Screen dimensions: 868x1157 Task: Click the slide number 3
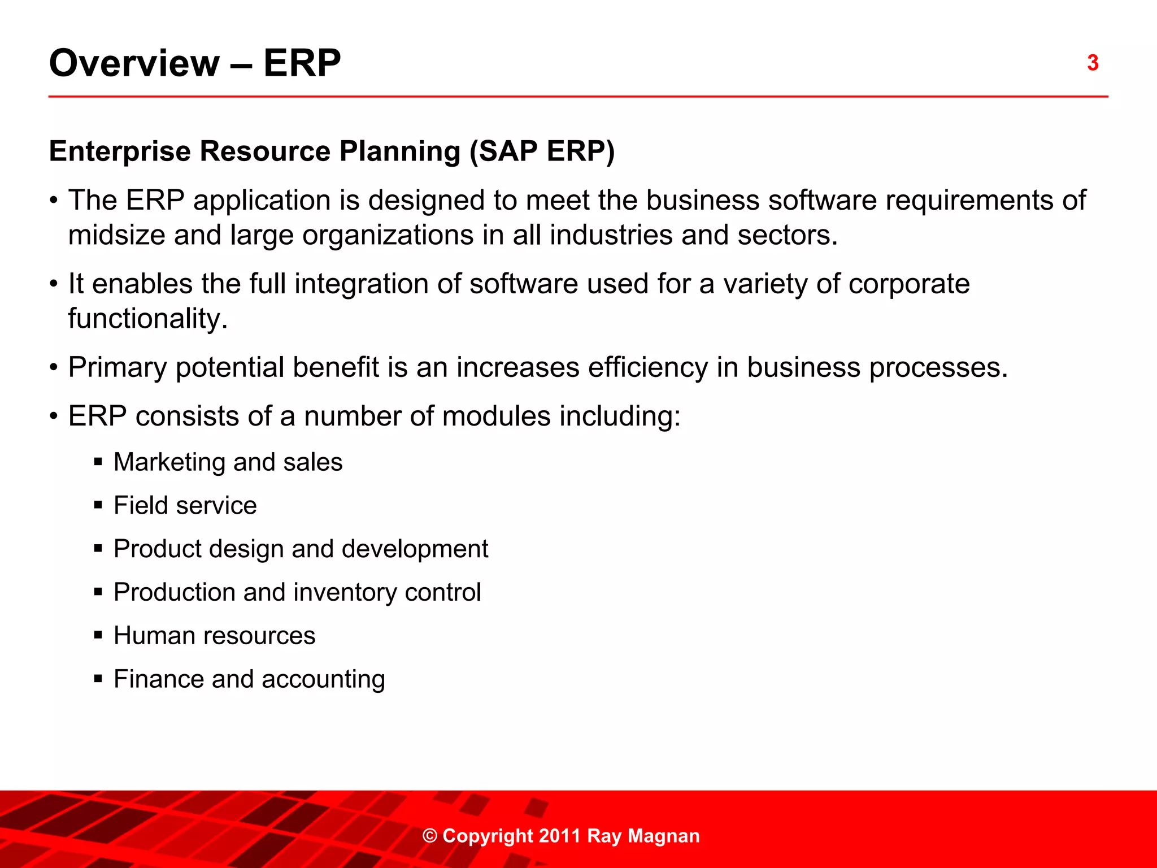1093,63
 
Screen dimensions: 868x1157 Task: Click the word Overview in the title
134,63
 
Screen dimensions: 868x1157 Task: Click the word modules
497,416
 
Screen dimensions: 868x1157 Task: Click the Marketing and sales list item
228,462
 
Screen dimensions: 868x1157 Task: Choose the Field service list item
185,505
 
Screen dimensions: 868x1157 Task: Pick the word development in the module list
415,549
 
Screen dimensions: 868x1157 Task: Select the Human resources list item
214,636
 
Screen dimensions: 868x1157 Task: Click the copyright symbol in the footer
430,836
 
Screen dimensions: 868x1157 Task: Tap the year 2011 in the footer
559,836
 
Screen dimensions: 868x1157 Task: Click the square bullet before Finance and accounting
98,679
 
